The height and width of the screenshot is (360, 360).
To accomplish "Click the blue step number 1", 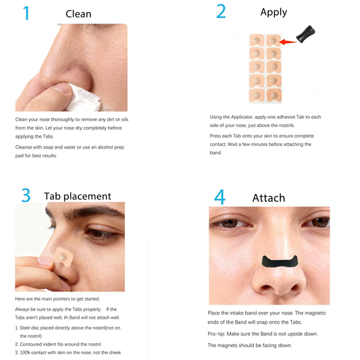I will [26, 13].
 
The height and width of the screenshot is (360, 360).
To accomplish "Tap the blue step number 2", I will [221, 11].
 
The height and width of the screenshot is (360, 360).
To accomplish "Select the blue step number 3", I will [26, 195].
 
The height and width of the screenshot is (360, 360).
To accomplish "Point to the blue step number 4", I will [220, 197].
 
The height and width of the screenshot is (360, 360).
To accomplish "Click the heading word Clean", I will [78, 14].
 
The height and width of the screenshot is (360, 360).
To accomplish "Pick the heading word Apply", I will [274, 12].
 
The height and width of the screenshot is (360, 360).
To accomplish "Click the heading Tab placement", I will [78, 196].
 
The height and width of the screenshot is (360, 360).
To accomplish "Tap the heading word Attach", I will [268, 198].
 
